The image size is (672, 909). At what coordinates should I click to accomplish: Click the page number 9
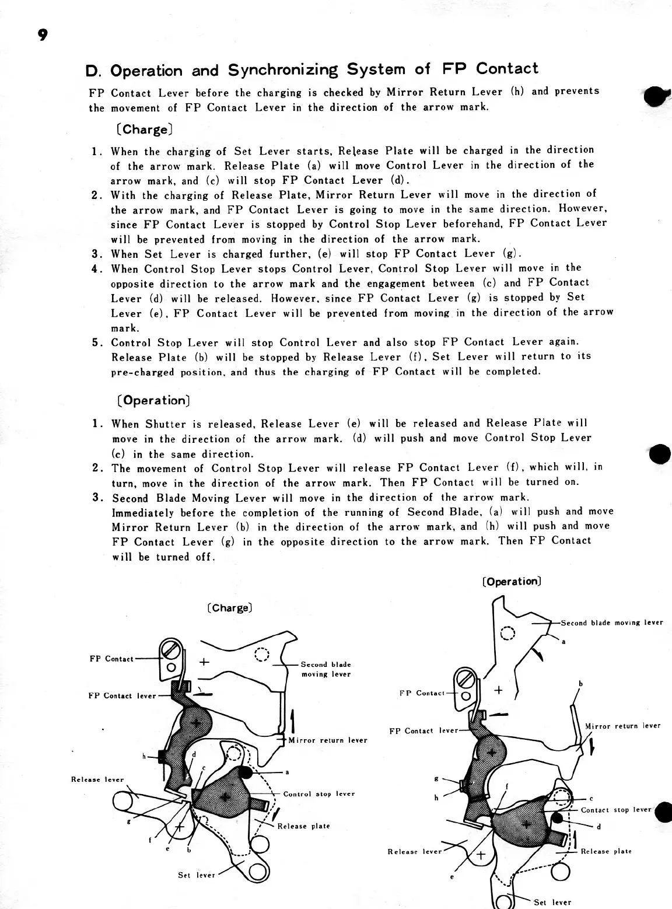(x=42, y=35)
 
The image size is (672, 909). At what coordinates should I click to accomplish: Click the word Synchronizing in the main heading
(x=283, y=70)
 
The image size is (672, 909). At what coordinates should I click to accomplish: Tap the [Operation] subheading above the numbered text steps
(x=153, y=401)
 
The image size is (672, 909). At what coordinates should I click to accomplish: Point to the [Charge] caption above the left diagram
(x=229, y=608)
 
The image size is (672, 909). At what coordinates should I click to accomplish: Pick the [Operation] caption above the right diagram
(x=512, y=582)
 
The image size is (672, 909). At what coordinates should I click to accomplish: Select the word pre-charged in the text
(x=142, y=372)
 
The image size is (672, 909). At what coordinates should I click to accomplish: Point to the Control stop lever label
(x=318, y=794)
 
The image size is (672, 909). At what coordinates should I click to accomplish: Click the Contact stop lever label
(x=615, y=810)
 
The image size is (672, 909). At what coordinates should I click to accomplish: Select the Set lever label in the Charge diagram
(x=197, y=875)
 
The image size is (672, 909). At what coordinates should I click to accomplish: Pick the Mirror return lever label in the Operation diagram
(x=622, y=726)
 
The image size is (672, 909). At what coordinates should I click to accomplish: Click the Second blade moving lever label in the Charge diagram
(x=325, y=669)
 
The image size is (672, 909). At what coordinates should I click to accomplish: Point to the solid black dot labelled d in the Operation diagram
(x=558, y=818)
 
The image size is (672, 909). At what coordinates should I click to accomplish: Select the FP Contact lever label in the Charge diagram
(x=122, y=695)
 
